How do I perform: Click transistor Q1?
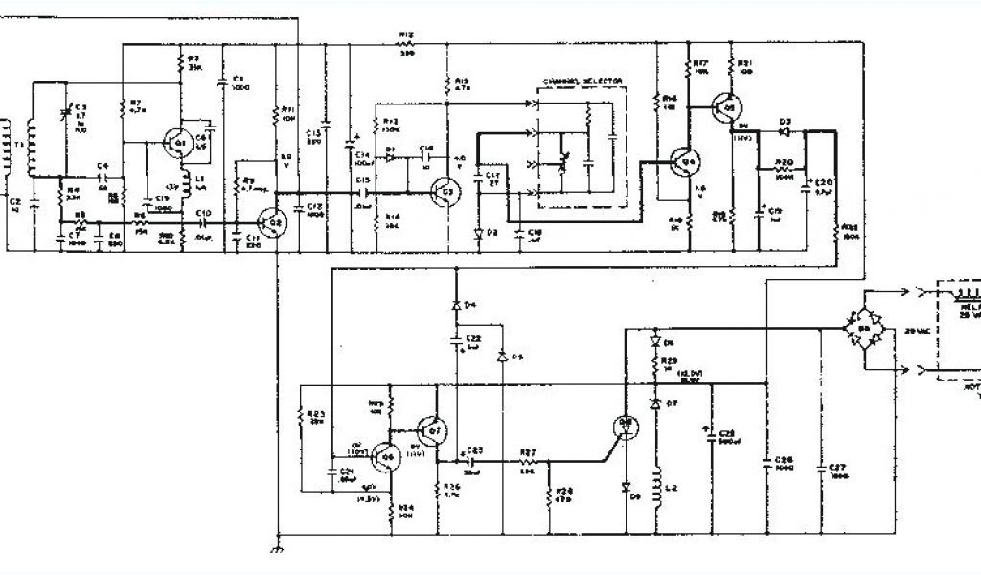tap(176, 144)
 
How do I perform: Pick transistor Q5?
tap(729, 108)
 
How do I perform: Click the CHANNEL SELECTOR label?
tap(582, 81)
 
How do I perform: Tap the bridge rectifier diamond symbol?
tap(862, 329)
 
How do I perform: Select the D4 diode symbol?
tap(457, 305)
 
